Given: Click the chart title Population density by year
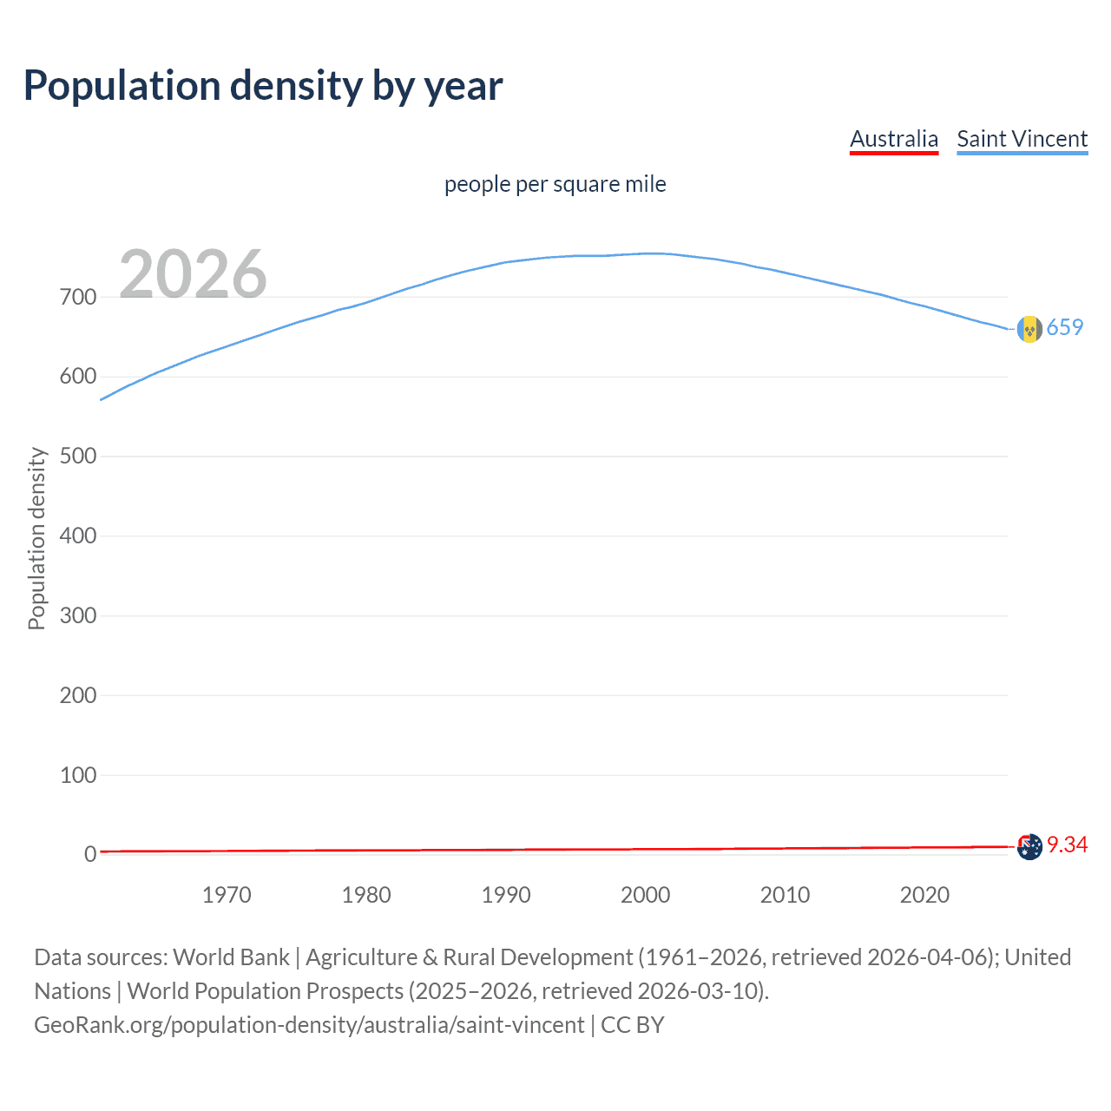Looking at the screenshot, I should pyautogui.click(x=263, y=86).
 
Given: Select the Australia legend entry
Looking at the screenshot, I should pyautogui.click(x=893, y=139).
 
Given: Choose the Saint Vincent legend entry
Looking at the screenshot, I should pyautogui.click(x=1022, y=139).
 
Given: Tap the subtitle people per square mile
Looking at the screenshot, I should pyautogui.click(x=555, y=184).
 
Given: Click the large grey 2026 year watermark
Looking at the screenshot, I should pyautogui.click(x=193, y=274).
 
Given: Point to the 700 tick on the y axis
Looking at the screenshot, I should pyautogui.click(x=78, y=297).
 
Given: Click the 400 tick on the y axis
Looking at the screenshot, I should pyautogui.click(x=78, y=536).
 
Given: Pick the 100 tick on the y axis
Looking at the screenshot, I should pyautogui.click(x=78, y=775).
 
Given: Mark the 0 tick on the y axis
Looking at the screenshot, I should pyautogui.click(x=90, y=854).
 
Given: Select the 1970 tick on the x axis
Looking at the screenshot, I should pyautogui.click(x=227, y=895).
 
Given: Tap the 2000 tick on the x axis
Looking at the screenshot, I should pyautogui.click(x=645, y=895).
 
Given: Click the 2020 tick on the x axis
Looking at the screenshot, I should pyautogui.click(x=924, y=895).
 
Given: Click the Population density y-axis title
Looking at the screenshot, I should pyautogui.click(x=36, y=538).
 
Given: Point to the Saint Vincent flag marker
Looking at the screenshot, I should pyautogui.click(x=1029, y=329).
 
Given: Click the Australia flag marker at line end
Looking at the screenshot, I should pyautogui.click(x=1029, y=846).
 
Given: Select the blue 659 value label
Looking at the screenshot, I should pyautogui.click(x=1065, y=327).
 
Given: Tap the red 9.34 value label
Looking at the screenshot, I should pyautogui.click(x=1067, y=845).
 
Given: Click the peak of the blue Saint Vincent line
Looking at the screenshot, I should pyautogui.click(x=653, y=253).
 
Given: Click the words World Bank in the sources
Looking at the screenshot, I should pyautogui.click(x=231, y=957).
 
